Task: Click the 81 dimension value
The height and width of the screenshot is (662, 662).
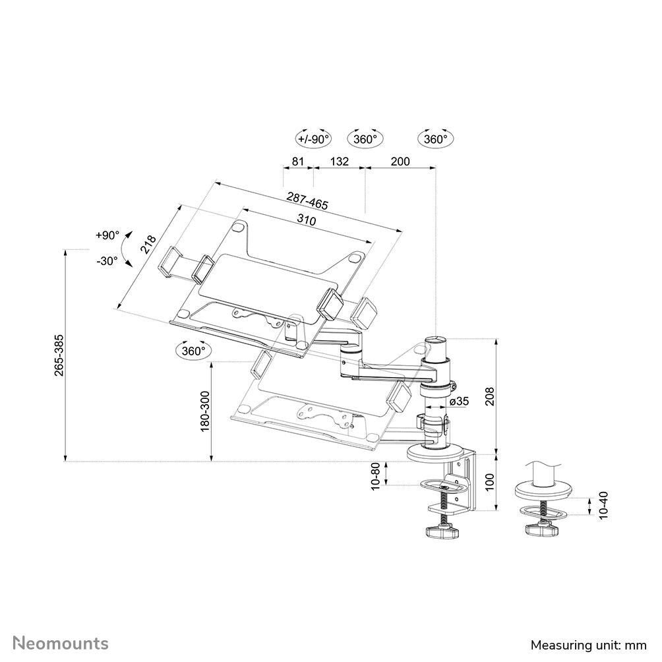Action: (297, 162)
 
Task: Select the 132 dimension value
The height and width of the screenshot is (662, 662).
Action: (339, 162)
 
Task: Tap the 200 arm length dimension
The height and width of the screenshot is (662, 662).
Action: (400, 162)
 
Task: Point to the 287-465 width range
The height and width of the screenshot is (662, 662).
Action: (307, 200)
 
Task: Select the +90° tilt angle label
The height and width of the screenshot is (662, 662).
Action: (107, 235)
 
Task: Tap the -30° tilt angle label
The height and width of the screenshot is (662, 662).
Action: (107, 260)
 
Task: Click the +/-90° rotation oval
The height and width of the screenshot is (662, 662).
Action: (313, 139)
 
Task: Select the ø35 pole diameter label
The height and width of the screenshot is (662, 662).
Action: (459, 402)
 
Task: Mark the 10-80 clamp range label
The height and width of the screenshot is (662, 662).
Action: (376, 476)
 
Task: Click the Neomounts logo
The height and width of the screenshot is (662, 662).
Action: (61, 643)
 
